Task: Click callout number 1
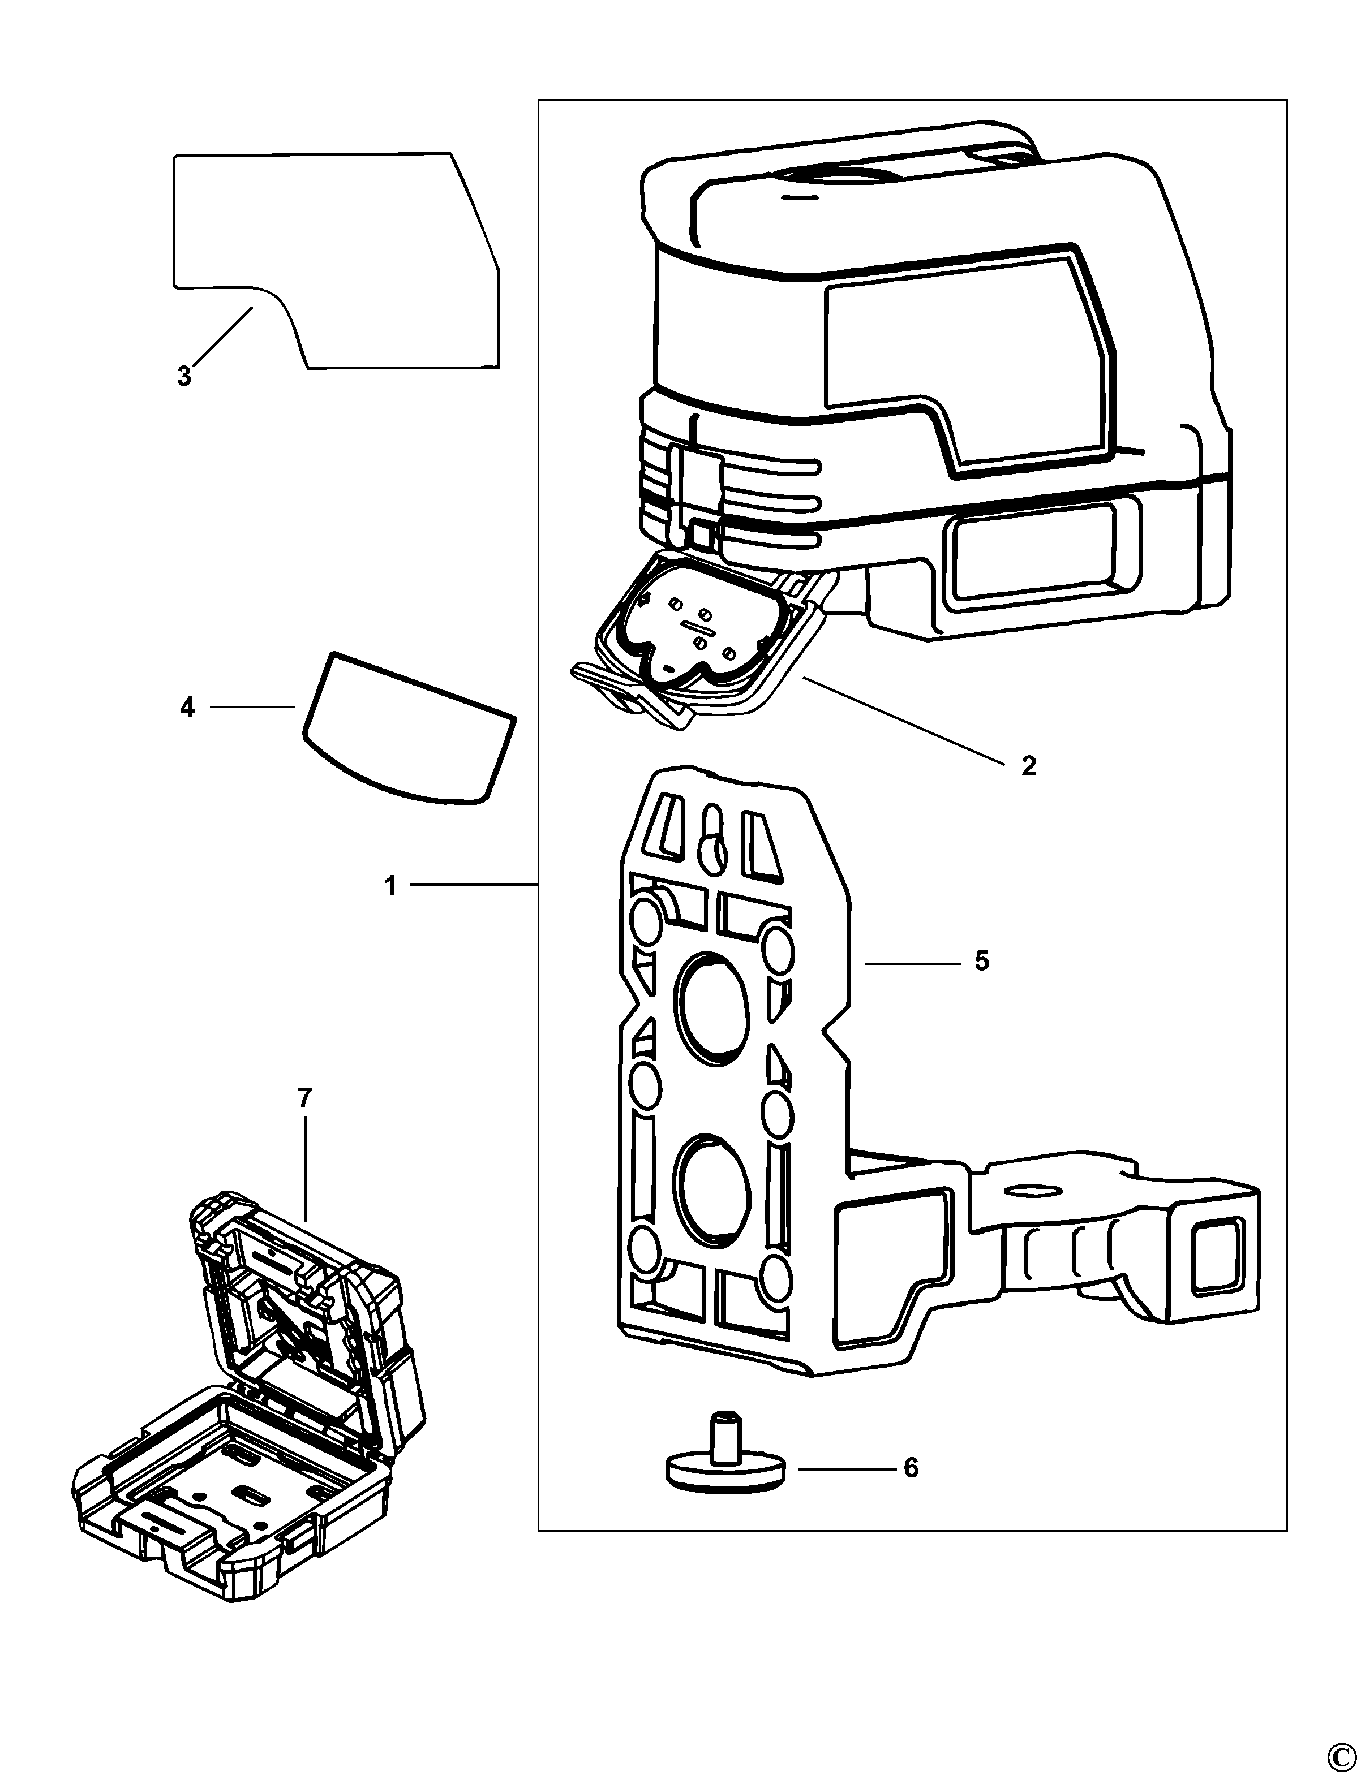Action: pyautogui.click(x=390, y=887)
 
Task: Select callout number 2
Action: pyautogui.click(x=1028, y=765)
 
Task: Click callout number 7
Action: pyautogui.click(x=304, y=1099)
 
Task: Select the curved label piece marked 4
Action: pyautogui.click(x=409, y=729)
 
